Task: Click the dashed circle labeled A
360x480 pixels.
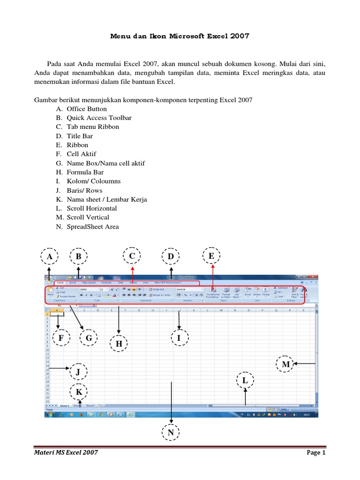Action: click(x=49, y=256)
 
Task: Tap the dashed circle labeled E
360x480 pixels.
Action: click(x=211, y=256)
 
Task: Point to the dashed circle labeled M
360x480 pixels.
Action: click(x=285, y=364)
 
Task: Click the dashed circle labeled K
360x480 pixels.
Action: click(x=79, y=392)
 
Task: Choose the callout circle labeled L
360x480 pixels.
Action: click(x=245, y=381)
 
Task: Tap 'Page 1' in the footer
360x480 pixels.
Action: click(x=316, y=453)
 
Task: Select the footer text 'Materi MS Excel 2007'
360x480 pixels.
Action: click(x=67, y=453)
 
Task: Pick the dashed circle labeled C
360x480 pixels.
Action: click(x=132, y=256)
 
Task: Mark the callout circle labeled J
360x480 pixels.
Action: click(x=79, y=372)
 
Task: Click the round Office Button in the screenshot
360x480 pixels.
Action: click(x=49, y=279)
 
